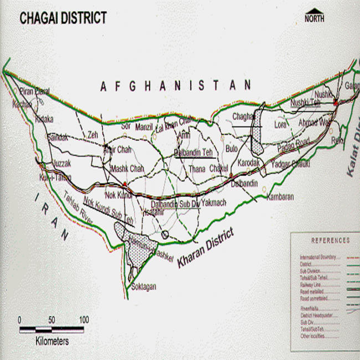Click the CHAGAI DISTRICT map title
(63, 18)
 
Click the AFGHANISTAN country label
(176, 86)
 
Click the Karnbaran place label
(280, 197)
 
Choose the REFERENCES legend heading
(330, 240)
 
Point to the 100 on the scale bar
(84, 320)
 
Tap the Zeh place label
(92, 135)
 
